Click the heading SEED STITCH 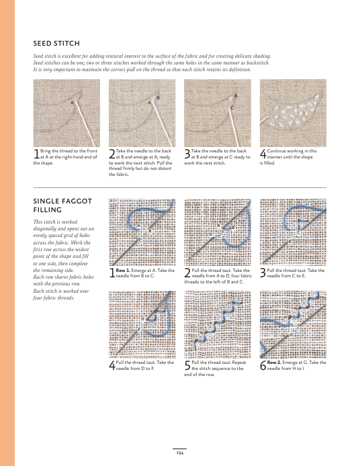[x=56, y=44]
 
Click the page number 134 [x=180, y=453]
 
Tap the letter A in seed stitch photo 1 [x=72, y=103]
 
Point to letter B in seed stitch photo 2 [x=158, y=97]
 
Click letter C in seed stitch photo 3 [x=232, y=108]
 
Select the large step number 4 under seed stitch [x=263, y=154]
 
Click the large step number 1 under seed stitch [x=36, y=154]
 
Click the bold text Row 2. [x=274, y=363]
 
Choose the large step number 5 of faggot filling [x=187, y=365]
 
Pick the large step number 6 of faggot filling [x=263, y=365]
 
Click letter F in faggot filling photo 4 [x=138, y=330]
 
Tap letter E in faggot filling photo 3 [x=290, y=242]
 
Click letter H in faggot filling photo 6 [x=291, y=335]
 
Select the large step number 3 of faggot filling [x=263, y=273]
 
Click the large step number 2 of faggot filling [x=187, y=273]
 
